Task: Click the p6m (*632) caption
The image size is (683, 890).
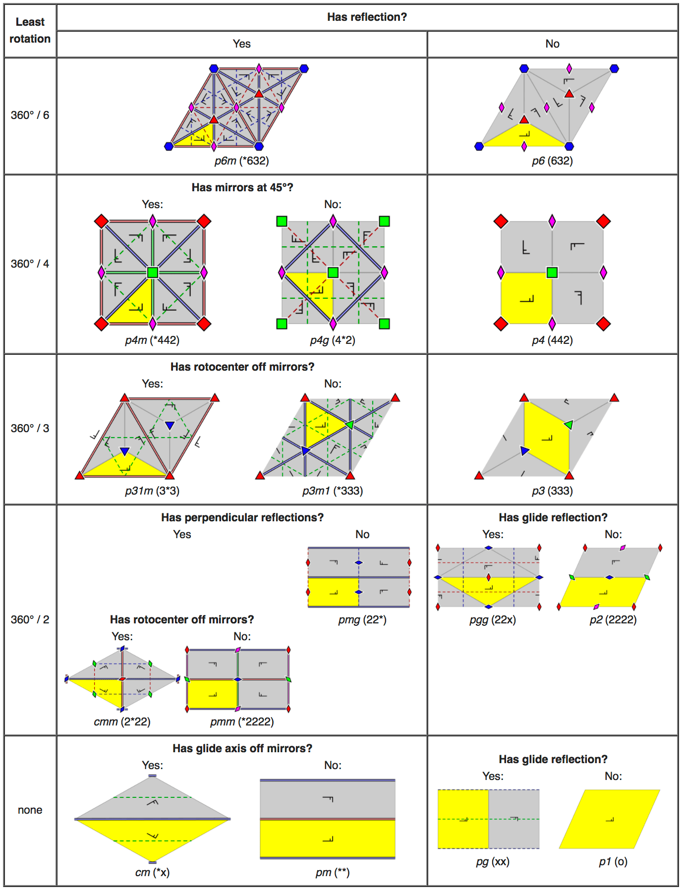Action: tap(241, 161)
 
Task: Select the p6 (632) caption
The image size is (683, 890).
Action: tap(552, 161)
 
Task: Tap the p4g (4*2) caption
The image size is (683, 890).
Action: tap(333, 340)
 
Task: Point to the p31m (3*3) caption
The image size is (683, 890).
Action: tap(152, 491)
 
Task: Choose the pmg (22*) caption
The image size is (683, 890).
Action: tap(362, 620)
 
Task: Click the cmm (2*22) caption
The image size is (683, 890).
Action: tap(122, 722)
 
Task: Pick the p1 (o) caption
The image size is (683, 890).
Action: tap(613, 862)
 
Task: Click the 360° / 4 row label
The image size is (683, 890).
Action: tap(30, 264)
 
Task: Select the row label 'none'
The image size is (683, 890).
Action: tap(30, 810)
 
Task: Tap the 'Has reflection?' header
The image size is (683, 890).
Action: tap(367, 17)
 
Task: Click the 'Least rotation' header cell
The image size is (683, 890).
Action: tap(30, 30)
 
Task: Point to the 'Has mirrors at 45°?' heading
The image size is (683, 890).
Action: tap(242, 188)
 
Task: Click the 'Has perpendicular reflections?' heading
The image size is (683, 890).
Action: tap(242, 518)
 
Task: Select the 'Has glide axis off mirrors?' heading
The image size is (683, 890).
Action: tap(242, 749)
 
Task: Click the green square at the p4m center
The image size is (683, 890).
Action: tap(153, 272)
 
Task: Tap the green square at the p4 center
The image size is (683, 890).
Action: tap(552, 272)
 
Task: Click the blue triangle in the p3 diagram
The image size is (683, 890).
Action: tap(525, 450)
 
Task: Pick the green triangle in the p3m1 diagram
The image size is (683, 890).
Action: tap(349, 425)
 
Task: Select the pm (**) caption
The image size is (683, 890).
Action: tap(333, 873)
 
